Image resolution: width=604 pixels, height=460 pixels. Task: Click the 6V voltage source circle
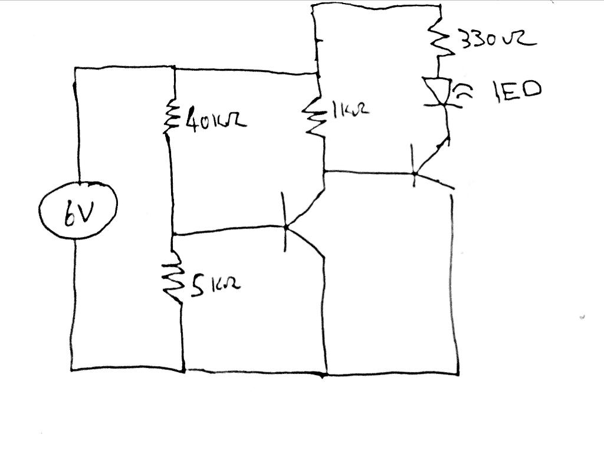[x=78, y=209]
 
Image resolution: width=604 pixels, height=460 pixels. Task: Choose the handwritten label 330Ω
[x=497, y=41]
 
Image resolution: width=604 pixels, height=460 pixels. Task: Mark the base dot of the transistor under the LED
[x=414, y=173]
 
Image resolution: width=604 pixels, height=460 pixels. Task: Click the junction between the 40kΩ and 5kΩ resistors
[x=173, y=234]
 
